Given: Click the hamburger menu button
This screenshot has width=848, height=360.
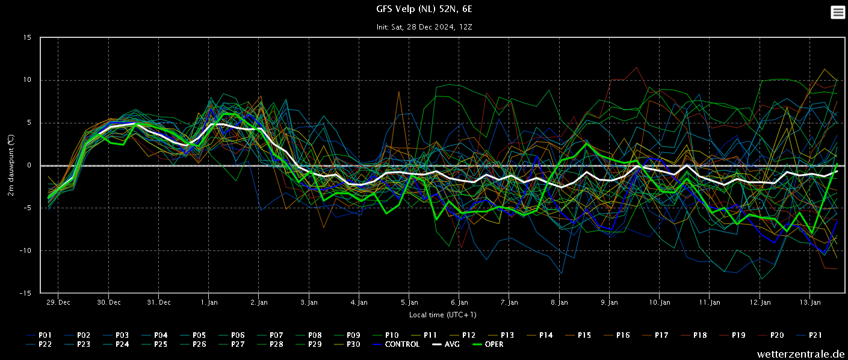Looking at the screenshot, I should (x=838, y=12).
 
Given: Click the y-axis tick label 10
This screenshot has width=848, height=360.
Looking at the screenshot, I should (x=27, y=80).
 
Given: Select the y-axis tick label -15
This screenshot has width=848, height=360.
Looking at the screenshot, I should (x=26, y=293).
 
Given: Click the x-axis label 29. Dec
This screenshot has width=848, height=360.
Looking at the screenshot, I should (x=58, y=302).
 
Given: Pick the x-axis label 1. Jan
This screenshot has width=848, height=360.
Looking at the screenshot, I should (x=209, y=302).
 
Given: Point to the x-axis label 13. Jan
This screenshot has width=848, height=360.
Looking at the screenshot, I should (x=810, y=302).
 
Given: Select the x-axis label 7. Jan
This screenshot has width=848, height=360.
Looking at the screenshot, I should (x=509, y=302).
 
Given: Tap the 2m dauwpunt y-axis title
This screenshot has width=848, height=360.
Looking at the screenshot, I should (x=11, y=166).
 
